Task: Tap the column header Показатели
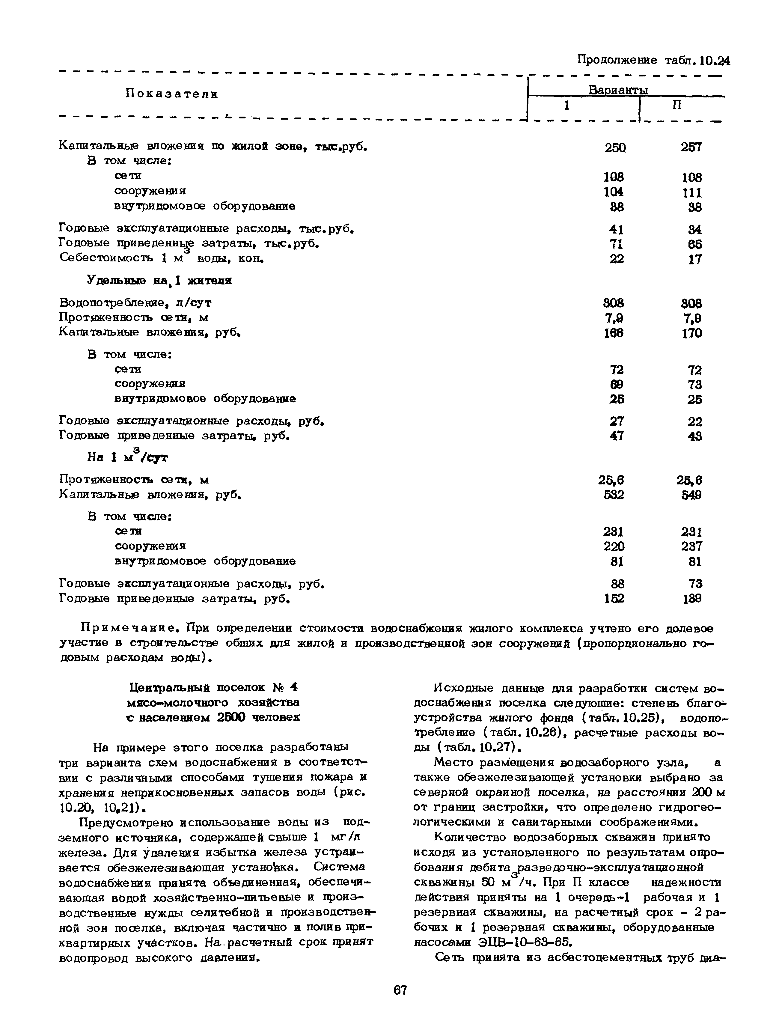[172, 94]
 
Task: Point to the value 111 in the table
[692, 192]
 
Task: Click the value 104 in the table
[614, 192]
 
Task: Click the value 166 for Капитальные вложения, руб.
[614, 333]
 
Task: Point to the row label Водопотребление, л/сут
[135, 303]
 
